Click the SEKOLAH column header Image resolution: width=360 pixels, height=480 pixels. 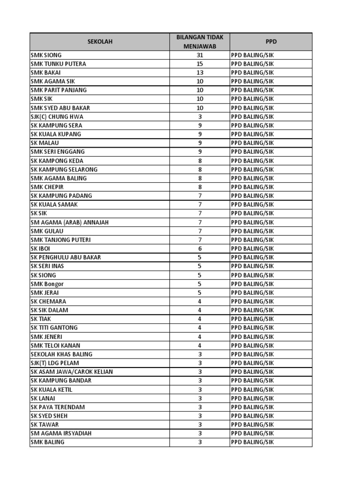[x=100, y=42]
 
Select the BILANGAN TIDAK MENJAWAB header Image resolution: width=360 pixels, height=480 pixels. [x=200, y=42]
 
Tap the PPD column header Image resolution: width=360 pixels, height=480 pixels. [x=270, y=42]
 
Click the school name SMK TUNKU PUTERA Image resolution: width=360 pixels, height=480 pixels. [x=58, y=64]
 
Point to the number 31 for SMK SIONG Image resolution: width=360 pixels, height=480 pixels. [x=200, y=55]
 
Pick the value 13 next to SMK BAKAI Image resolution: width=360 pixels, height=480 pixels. [x=200, y=73]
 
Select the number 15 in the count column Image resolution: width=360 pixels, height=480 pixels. [x=200, y=64]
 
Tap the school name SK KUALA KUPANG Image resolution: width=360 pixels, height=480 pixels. [x=56, y=134]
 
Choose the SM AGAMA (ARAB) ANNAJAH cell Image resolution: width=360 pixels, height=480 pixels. [x=69, y=222]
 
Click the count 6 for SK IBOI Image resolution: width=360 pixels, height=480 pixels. [x=200, y=248]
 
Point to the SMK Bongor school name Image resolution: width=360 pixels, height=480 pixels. [x=47, y=284]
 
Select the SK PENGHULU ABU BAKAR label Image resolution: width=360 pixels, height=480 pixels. [x=66, y=257]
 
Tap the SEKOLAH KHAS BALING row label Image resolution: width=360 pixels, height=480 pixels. [x=61, y=354]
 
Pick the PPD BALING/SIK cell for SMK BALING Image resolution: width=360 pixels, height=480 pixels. [x=252, y=442]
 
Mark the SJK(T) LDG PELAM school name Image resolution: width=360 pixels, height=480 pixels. [x=55, y=363]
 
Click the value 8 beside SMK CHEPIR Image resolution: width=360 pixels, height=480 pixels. [x=200, y=187]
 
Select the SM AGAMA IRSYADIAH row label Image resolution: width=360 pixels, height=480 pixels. [x=61, y=433]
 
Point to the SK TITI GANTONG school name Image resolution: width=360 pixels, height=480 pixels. [x=54, y=328]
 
